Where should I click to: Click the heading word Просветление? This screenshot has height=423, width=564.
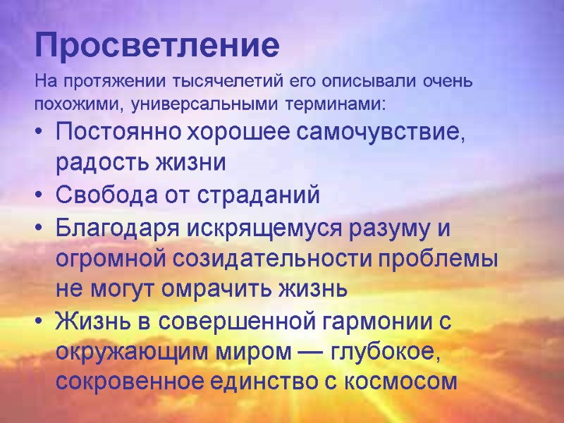pyautogui.click(x=157, y=46)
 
